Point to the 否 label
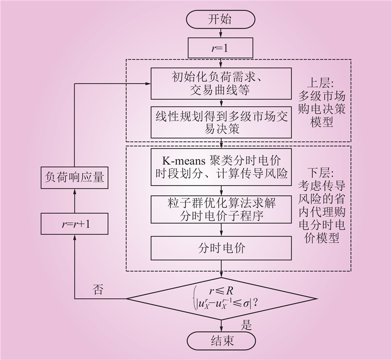click(x=98, y=289)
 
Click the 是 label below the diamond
click(x=246, y=324)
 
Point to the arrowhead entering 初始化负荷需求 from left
click(x=148, y=84)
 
